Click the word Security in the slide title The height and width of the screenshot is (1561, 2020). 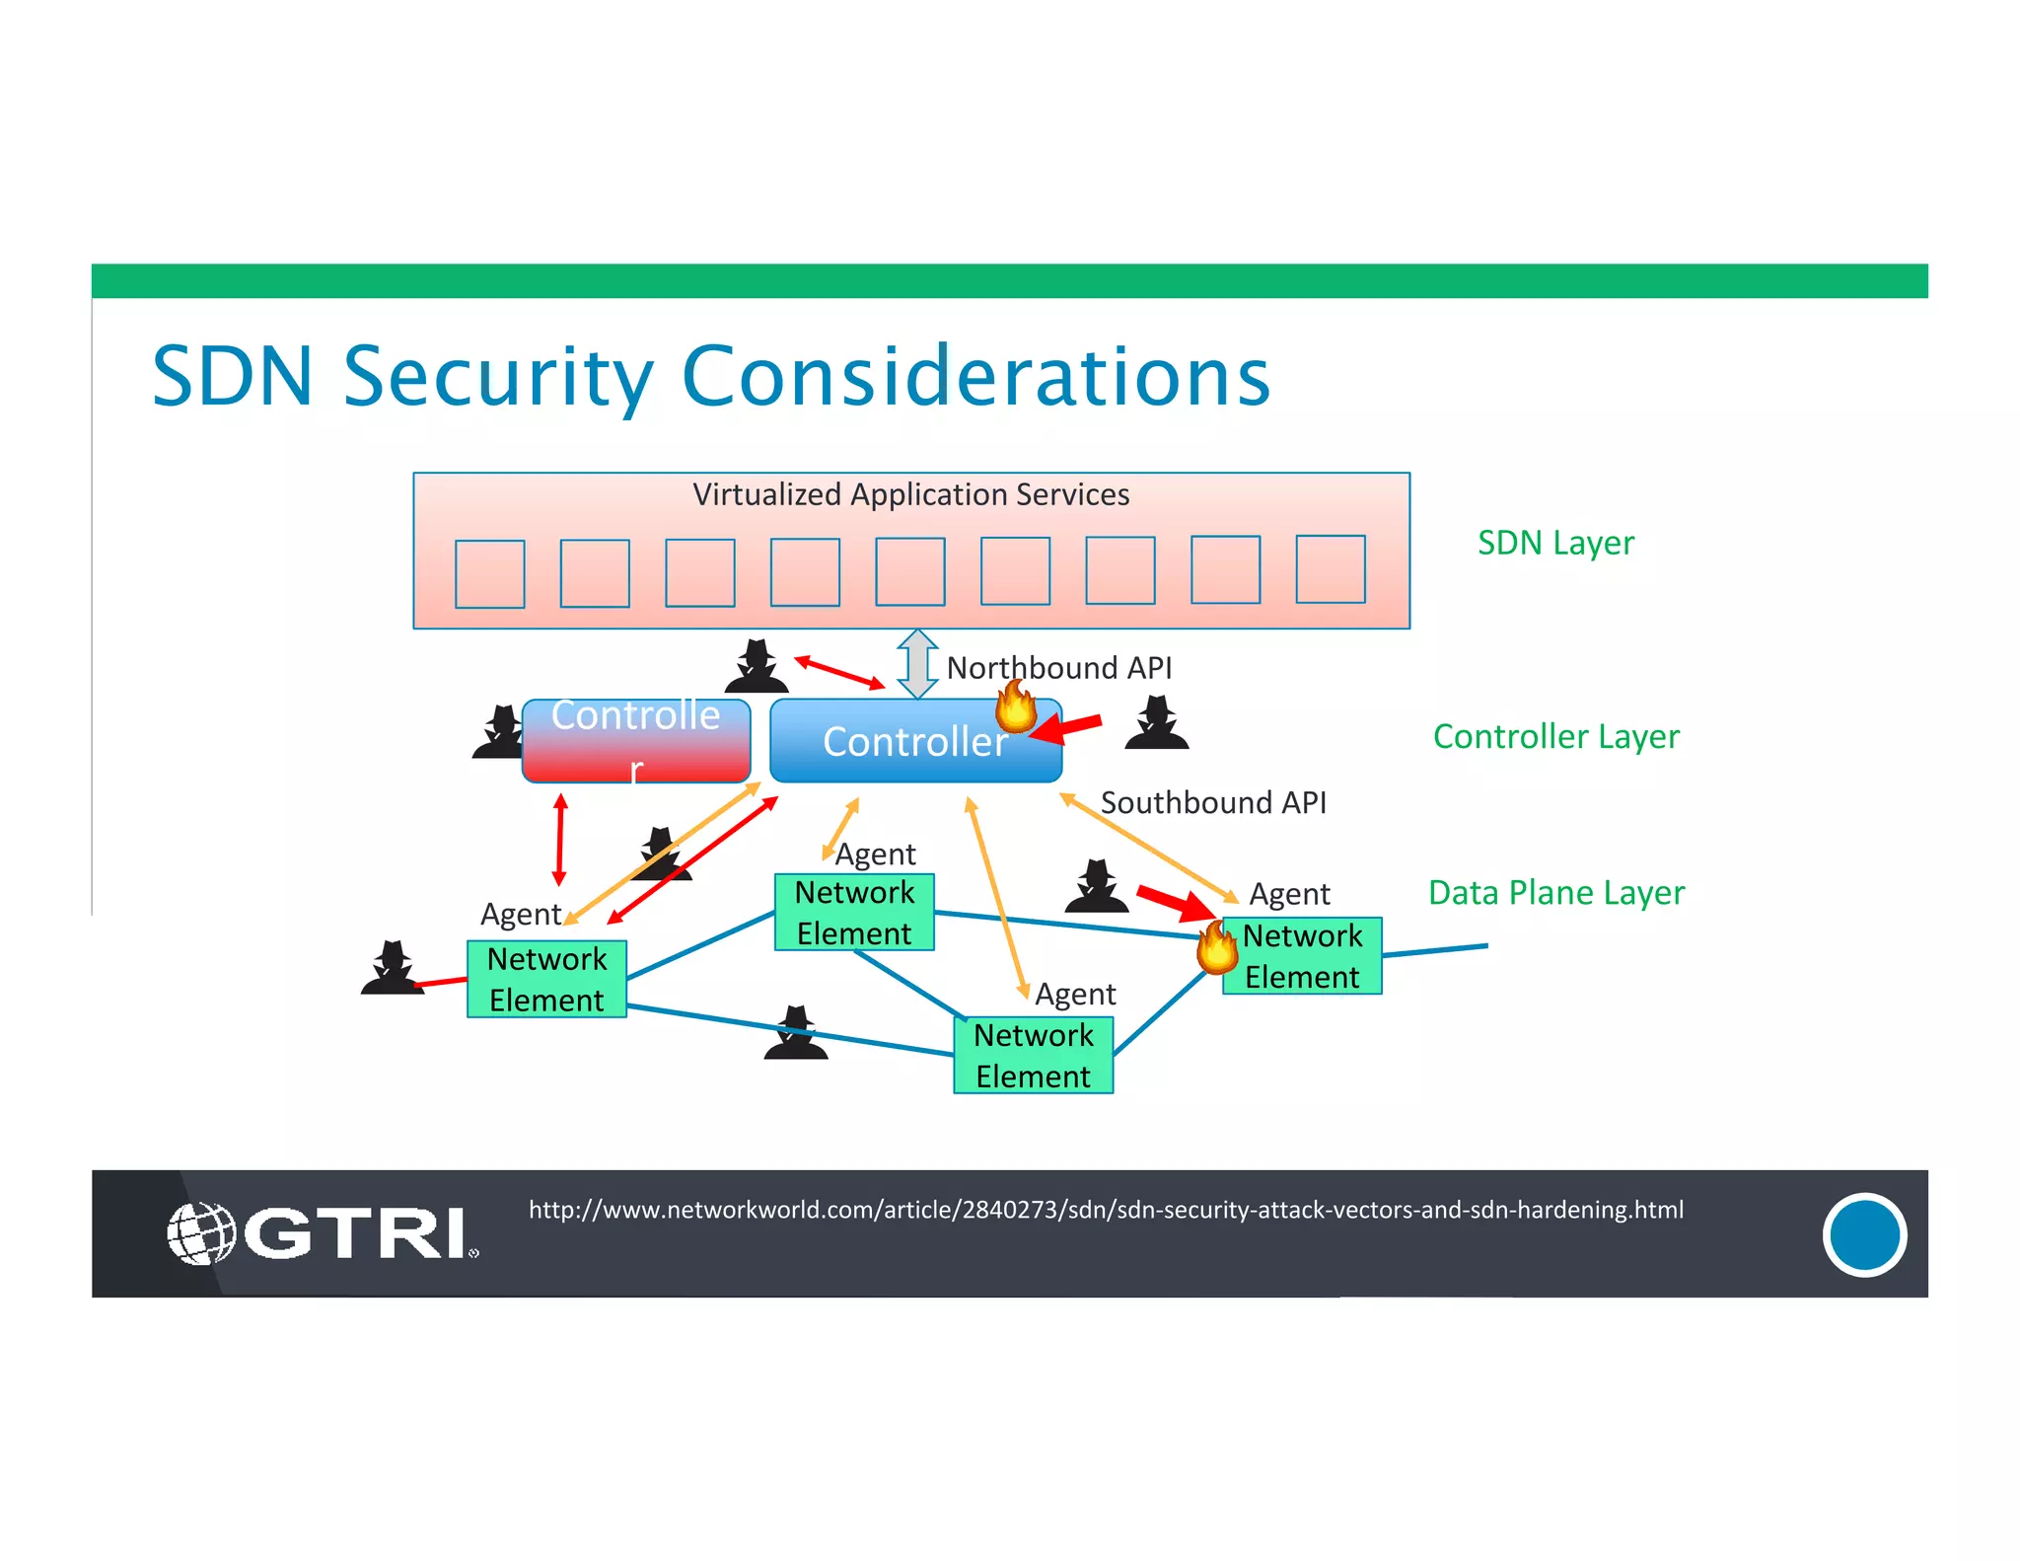click(498, 377)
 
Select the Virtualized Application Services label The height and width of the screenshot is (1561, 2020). click(910, 494)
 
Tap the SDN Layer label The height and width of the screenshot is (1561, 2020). click(1554, 543)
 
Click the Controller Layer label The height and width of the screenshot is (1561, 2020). click(1555, 736)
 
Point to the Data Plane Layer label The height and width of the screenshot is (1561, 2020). click(1555, 892)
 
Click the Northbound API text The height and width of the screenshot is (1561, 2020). click(1058, 668)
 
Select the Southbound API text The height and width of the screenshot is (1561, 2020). click(1212, 802)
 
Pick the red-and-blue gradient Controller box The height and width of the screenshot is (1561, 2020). click(636, 741)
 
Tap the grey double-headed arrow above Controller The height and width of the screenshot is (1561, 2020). click(917, 664)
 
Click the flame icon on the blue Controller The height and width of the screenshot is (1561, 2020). click(1015, 706)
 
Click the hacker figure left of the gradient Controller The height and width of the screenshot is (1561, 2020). click(500, 732)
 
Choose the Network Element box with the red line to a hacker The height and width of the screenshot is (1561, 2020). click(546, 979)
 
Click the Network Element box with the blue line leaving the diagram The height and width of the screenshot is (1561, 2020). click(1302, 956)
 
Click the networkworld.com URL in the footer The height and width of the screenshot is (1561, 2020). click(1106, 1210)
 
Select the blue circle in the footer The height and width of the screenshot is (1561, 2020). click(1863, 1234)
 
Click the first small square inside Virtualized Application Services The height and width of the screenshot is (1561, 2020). click(489, 573)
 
